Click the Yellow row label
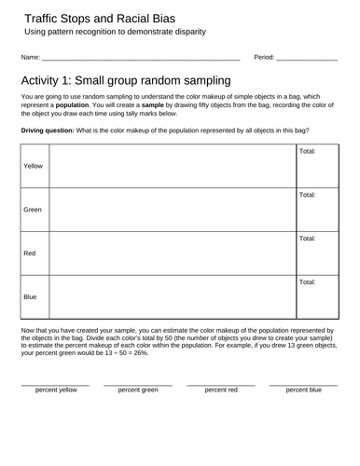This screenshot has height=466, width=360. coord(34,165)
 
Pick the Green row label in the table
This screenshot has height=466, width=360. coord(33,210)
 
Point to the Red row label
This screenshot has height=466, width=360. coord(30,254)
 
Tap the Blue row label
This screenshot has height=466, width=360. coord(30,296)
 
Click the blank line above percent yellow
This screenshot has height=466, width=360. coord(55,383)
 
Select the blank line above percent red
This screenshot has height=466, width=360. coord(220,383)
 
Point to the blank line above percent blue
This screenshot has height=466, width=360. coord(303,383)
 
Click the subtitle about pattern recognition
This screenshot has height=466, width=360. coord(116,33)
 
